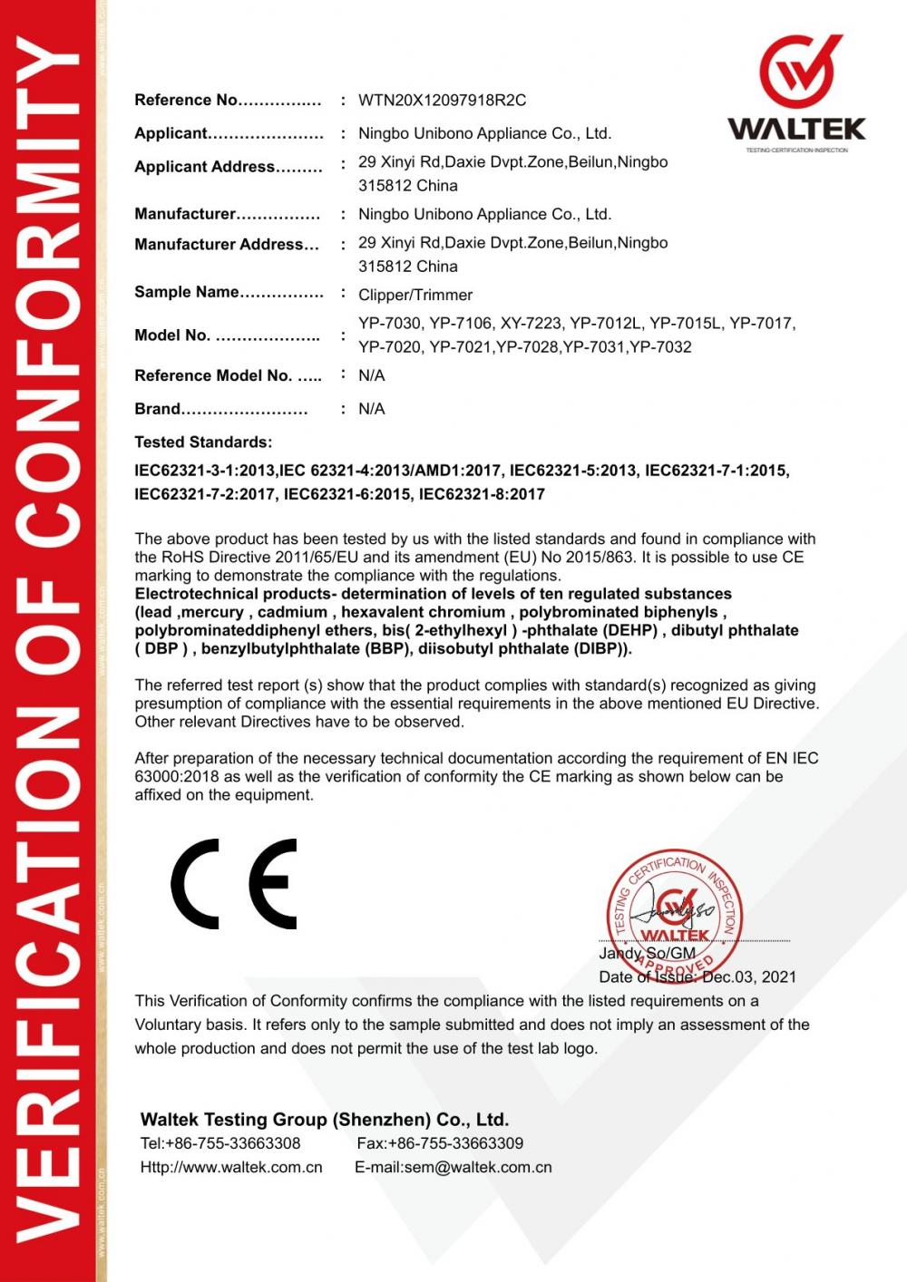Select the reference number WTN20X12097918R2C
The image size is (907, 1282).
pos(442,101)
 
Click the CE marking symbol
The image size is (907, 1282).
pos(234,884)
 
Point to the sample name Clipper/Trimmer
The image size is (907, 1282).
pos(415,295)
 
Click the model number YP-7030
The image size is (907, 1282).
pos(390,324)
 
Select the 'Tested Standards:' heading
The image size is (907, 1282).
pos(203,442)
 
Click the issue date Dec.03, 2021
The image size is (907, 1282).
pos(749,977)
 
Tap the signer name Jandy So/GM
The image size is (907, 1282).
pos(647,954)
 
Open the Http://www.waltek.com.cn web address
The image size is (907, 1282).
pos(231,1168)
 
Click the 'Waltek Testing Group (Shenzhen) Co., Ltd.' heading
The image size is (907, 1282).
pos(325,1120)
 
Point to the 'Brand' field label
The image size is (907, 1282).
pos(158,409)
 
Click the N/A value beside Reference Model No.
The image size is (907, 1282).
pos(372,375)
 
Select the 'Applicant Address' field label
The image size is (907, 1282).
pos(205,167)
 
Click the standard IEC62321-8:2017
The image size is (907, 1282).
pos(482,494)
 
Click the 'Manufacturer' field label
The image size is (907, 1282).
pos(185,214)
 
